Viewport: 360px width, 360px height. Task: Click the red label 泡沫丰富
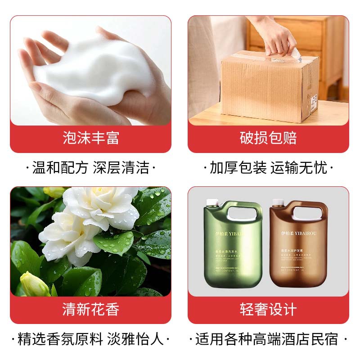point(90,137)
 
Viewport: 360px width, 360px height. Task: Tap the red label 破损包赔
point(268,137)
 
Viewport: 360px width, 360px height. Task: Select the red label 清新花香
point(90,309)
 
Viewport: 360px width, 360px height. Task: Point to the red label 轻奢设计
point(268,309)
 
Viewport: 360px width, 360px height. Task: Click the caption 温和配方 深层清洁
point(90,168)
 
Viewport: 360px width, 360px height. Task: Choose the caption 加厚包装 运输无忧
point(268,168)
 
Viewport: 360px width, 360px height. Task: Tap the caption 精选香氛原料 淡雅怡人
point(90,339)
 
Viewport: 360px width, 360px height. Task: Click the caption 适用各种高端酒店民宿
point(268,339)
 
